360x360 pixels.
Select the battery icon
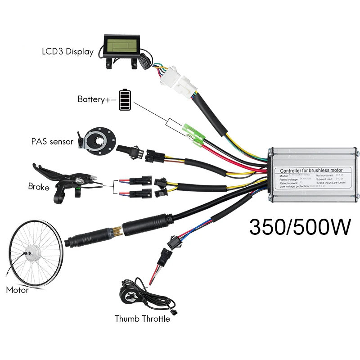coord(126,99)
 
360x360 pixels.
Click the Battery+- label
coord(97,99)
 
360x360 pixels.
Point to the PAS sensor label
coord(52,141)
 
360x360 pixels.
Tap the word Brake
coord(38,186)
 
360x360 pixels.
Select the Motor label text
coord(17,290)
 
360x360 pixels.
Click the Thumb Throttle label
coord(142,319)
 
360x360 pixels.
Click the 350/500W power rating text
coord(300,227)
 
